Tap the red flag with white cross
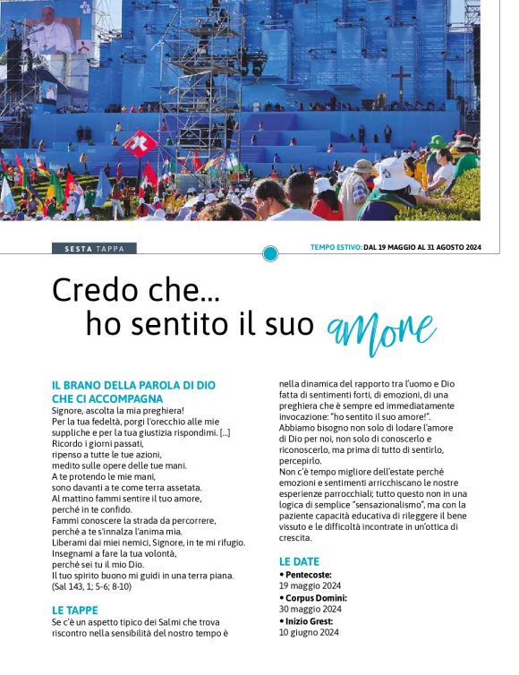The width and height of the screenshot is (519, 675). click(139, 142)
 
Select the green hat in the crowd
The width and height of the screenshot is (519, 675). click(437, 142)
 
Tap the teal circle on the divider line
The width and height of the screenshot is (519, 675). click(270, 253)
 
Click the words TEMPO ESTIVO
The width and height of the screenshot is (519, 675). click(336, 248)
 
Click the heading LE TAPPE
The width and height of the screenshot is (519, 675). click(75, 610)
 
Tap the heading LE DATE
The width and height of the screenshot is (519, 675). click(299, 561)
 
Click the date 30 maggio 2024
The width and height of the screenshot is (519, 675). click(310, 609)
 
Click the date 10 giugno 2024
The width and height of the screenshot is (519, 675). click(309, 632)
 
